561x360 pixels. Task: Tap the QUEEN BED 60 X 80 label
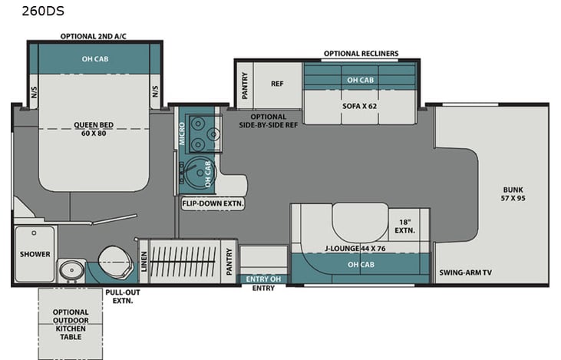tap(94, 130)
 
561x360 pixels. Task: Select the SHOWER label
tap(35, 254)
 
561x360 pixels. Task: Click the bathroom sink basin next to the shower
tap(71, 270)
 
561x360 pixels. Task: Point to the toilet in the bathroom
tap(114, 262)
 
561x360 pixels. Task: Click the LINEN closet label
tap(144, 262)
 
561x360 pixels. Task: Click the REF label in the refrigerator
tap(277, 84)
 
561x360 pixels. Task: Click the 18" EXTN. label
tap(404, 226)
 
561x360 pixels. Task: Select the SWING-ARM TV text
tap(466, 272)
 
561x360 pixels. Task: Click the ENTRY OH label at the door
tap(264, 279)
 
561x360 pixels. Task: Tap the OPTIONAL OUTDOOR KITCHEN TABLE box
tap(71, 323)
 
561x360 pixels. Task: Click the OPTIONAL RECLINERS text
tap(360, 54)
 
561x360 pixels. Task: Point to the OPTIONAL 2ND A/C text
tap(94, 36)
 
